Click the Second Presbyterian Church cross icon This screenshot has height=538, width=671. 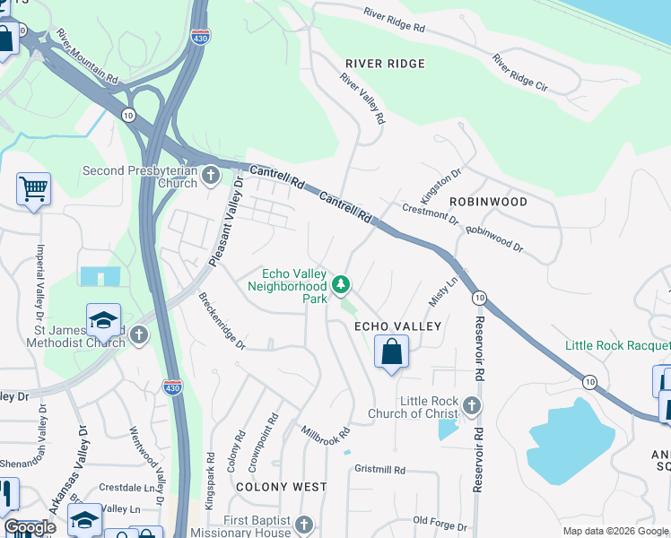(211, 174)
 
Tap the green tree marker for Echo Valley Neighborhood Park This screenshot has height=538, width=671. (340, 285)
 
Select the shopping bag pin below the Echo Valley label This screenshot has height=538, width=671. (391, 351)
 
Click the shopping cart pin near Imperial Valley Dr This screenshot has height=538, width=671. (33, 189)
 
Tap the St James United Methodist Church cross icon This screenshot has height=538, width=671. (138, 335)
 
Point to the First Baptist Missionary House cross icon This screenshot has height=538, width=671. (304, 525)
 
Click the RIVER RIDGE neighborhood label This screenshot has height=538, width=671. (385, 64)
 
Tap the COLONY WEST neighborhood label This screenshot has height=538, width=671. (281, 487)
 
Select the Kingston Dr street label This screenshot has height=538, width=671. (440, 187)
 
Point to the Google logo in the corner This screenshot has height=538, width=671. (30, 527)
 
